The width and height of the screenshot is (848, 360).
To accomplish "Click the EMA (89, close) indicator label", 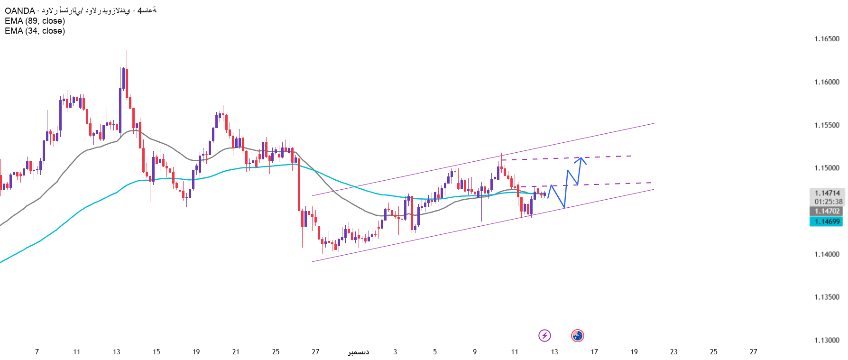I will click(x=35, y=21).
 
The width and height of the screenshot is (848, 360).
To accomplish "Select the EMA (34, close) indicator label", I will click(x=35, y=31).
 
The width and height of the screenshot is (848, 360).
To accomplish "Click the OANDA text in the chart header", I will click(x=19, y=10).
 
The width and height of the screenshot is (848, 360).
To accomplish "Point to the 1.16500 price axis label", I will click(x=827, y=39).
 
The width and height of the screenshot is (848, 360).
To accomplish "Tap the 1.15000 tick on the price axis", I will click(x=827, y=168).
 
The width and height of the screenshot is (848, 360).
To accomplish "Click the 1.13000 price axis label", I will click(x=827, y=340).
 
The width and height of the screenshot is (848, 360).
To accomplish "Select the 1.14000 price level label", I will click(x=827, y=254).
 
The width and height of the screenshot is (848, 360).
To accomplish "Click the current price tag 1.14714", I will click(x=827, y=193).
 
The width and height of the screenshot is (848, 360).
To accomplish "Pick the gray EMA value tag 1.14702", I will click(x=827, y=211).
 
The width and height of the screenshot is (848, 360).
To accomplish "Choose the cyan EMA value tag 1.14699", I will click(x=827, y=222).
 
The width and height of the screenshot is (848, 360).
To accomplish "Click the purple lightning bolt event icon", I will click(x=544, y=336).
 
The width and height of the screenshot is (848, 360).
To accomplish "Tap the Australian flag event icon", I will click(x=577, y=336).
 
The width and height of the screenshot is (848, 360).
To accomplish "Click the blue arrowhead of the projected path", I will click(x=581, y=159).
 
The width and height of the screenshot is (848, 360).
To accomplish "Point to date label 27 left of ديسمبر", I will click(x=315, y=352).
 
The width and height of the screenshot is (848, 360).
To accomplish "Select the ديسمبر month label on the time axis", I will click(x=359, y=352).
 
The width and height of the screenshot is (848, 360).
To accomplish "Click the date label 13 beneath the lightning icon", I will click(x=554, y=352).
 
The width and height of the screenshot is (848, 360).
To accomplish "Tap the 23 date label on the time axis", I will click(x=673, y=352).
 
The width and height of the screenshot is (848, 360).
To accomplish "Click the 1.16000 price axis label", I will click(x=827, y=82).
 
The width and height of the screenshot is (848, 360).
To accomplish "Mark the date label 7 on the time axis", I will click(x=37, y=352).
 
